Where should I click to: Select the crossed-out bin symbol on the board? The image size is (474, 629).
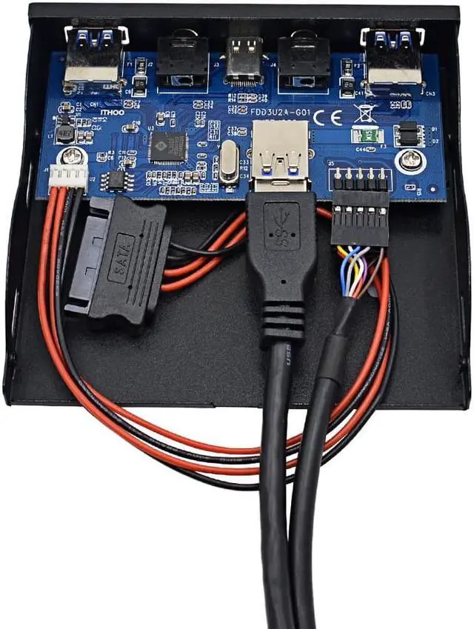click(362, 113)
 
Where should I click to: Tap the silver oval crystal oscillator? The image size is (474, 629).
click(229, 164)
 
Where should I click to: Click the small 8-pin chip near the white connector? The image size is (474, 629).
click(116, 180)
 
